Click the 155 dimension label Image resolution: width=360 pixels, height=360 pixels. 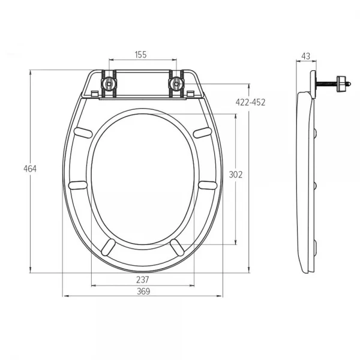[x=140, y=55]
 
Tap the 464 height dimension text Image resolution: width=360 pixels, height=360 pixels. [x=30, y=169]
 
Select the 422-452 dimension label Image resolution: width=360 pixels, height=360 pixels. [x=250, y=102]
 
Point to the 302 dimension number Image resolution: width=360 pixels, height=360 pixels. [x=236, y=175]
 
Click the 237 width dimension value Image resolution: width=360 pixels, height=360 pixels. [x=143, y=280]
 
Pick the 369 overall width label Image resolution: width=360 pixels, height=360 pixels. [x=143, y=292]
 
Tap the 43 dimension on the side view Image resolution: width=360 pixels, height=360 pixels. [x=305, y=56]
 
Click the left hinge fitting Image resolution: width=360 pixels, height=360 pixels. [x=109, y=84]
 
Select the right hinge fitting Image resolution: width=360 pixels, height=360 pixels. [x=176, y=84]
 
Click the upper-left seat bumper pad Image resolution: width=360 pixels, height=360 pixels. [x=83, y=133]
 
